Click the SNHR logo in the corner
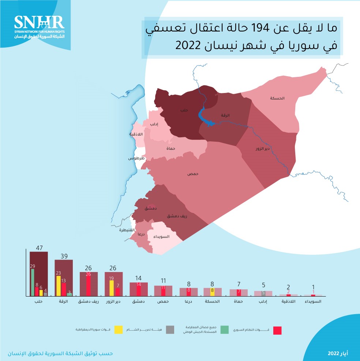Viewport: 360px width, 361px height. click(x=39, y=27)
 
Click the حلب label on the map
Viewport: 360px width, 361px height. click(x=183, y=110)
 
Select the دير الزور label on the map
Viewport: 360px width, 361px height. click(x=262, y=149)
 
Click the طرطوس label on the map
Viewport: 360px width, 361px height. click(x=136, y=158)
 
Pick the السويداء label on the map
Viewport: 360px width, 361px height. click(x=161, y=237)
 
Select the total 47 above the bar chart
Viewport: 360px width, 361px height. click(x=40, y=248)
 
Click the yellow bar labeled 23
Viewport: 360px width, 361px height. click(x=58, y=286)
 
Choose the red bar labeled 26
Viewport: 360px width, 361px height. click(x=88, y=284)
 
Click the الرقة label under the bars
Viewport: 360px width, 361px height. click(x=64, y=302)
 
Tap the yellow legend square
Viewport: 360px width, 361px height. click(x=119, y=330)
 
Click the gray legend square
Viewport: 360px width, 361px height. click(x=170, y=330)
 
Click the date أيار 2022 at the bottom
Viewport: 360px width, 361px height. click(x=338, y=354)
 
